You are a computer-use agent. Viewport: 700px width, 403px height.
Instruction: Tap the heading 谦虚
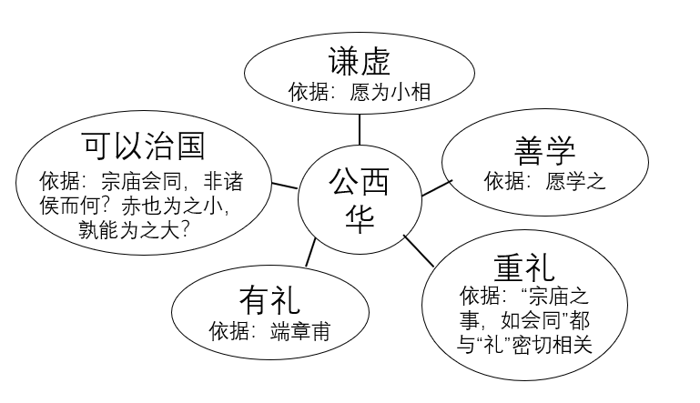click(360, 62)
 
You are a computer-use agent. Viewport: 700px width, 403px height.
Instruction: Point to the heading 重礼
click(525, 267)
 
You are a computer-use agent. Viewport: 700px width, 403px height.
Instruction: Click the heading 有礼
click(269, 299)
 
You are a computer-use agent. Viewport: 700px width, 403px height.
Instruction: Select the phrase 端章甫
click(299, 329)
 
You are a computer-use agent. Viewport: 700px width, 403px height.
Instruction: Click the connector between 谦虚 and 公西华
click(360, 129)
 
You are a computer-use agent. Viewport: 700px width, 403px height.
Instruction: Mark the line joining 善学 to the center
click(436, 187)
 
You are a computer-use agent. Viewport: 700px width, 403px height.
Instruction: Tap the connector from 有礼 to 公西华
click(311, 252)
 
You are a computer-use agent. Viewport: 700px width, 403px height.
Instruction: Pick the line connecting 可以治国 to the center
click(284, 186)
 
